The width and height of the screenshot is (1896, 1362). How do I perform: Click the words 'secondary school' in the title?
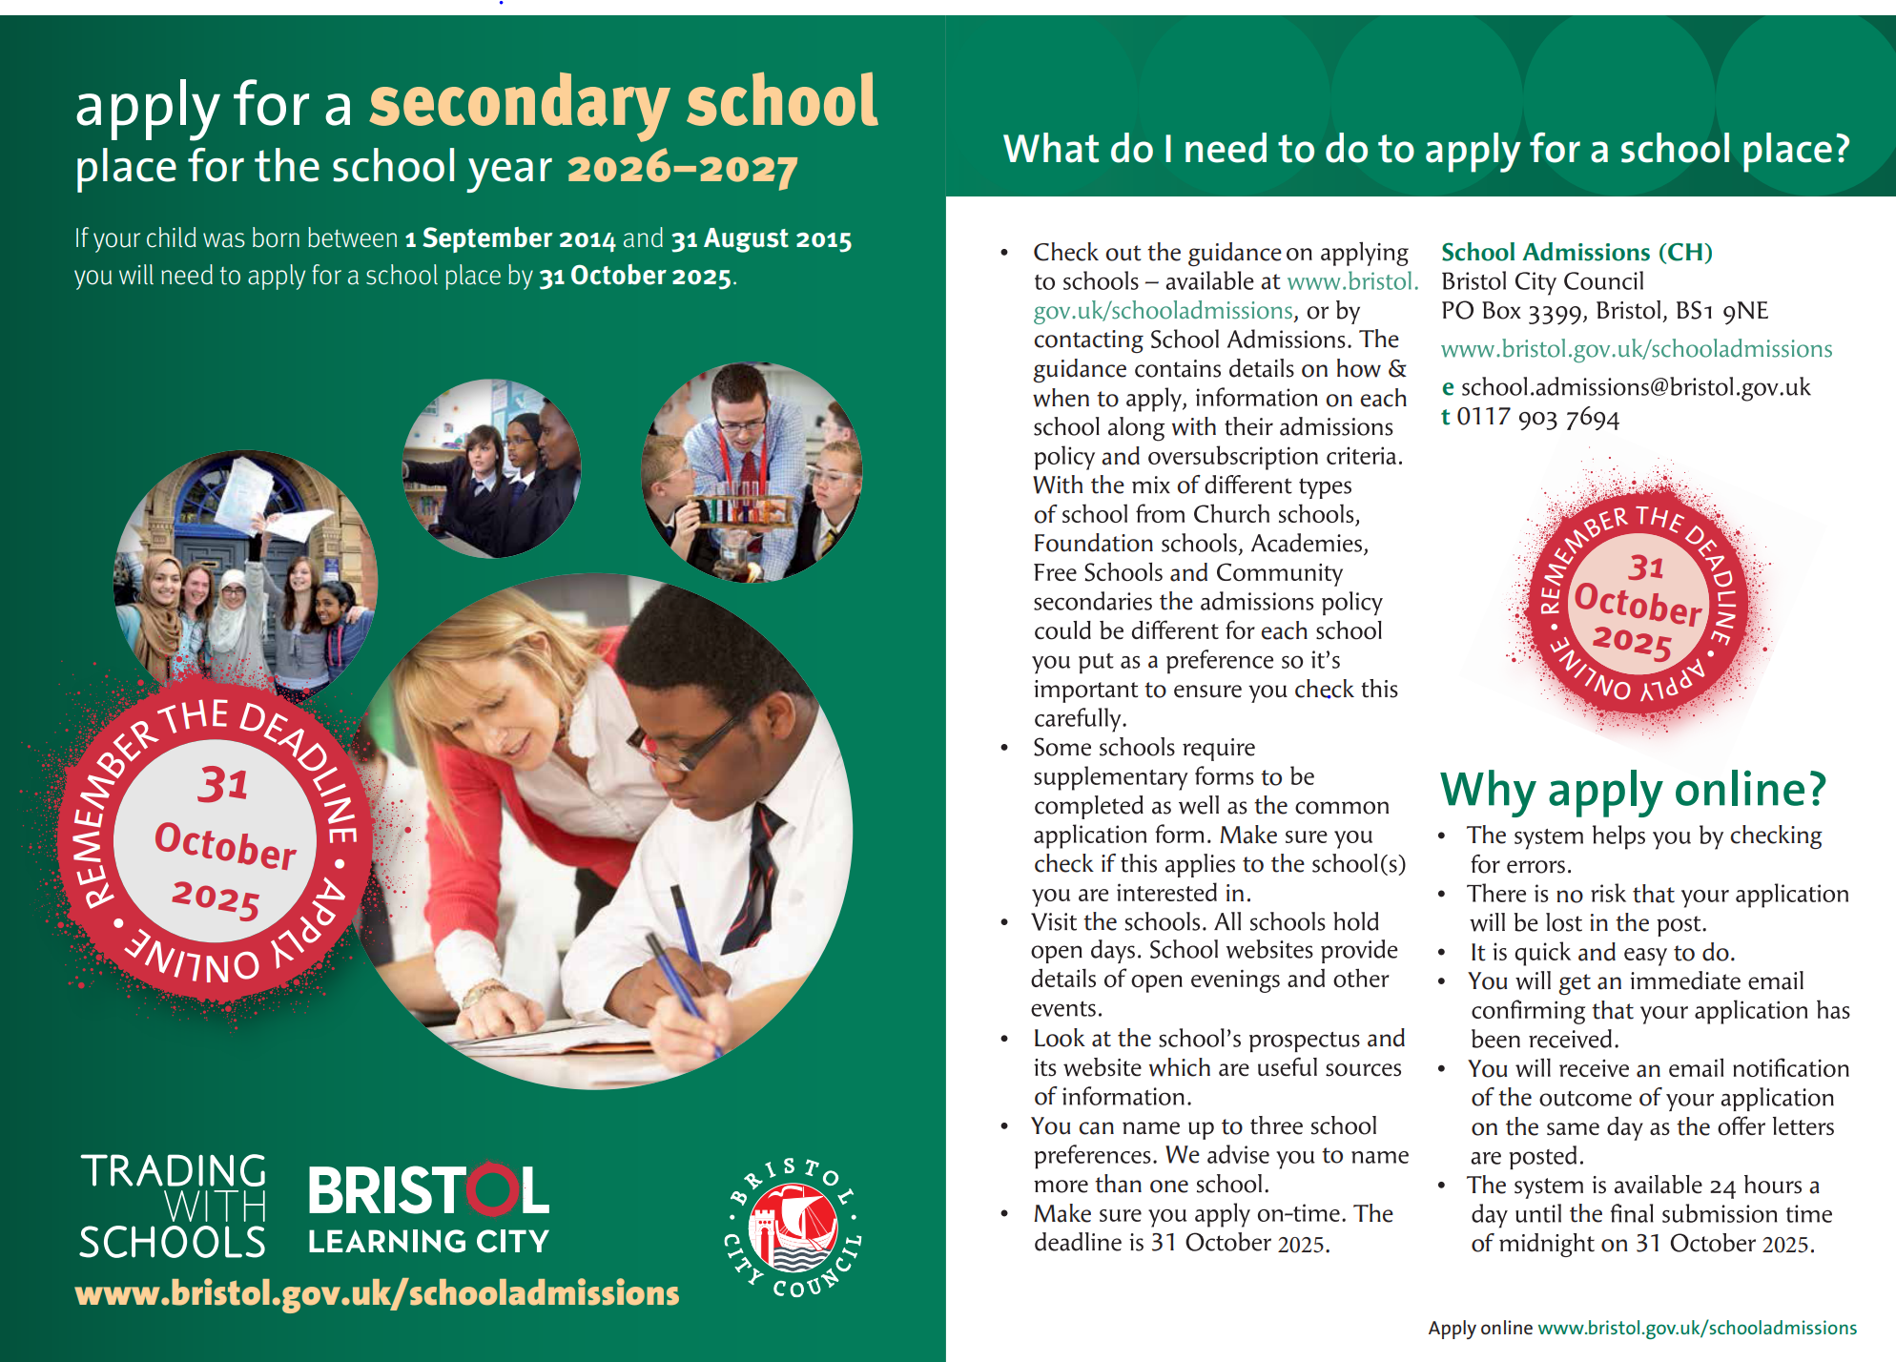623,103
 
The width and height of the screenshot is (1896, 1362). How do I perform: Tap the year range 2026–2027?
682,169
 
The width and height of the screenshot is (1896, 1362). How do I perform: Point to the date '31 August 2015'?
761,238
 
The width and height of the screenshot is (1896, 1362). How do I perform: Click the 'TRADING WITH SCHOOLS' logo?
173,1207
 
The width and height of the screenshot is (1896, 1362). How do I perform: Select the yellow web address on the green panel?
377,1293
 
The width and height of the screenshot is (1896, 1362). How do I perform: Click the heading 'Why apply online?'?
1632,790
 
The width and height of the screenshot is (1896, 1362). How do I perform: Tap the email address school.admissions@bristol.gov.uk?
1635,387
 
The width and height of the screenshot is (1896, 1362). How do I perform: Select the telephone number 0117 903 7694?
1537,418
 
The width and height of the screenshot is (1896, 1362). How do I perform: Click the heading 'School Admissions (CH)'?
1576,253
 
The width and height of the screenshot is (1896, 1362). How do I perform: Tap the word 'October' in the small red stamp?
1637,603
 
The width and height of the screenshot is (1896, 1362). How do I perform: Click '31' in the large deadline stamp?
223,785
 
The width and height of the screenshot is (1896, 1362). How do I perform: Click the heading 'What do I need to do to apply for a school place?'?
1426,150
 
